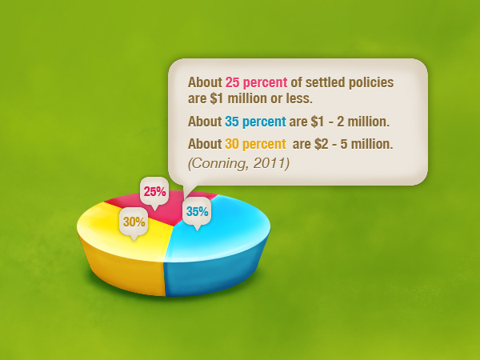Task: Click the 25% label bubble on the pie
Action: coord(154,192)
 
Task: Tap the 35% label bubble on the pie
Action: coord(197,212)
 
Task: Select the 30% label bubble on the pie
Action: coord(134,222)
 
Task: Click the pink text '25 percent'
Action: coord(256,82)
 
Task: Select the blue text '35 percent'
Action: coord(255,122)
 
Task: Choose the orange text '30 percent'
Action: coord(255,144)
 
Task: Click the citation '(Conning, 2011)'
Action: coord(238,163)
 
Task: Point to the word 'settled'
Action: coord(326,82)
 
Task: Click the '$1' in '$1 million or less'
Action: coord(217,98)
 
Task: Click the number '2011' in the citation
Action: coord(271,163)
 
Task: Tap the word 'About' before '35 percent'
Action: coord(205,122)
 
